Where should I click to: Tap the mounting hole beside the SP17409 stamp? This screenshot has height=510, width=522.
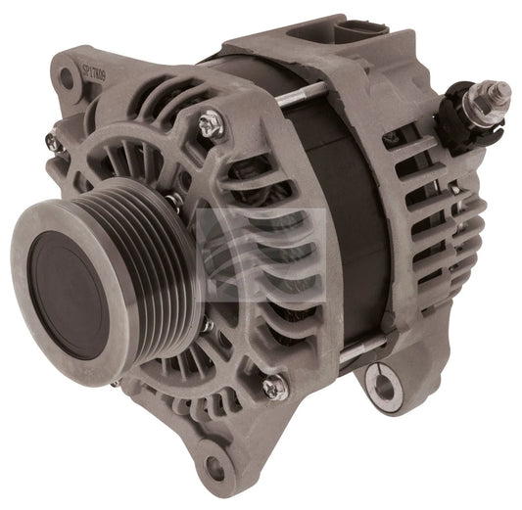click(66, 74)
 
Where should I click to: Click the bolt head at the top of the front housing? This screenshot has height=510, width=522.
click(210, 123)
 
